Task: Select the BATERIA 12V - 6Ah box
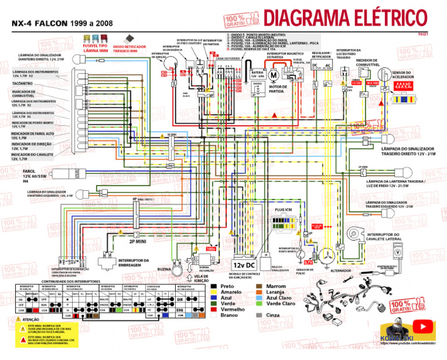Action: click(257, 75)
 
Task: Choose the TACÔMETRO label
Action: click(21, 83)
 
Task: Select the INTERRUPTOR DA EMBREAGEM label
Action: click(134, 262)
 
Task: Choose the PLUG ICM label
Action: click(282, 208)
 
